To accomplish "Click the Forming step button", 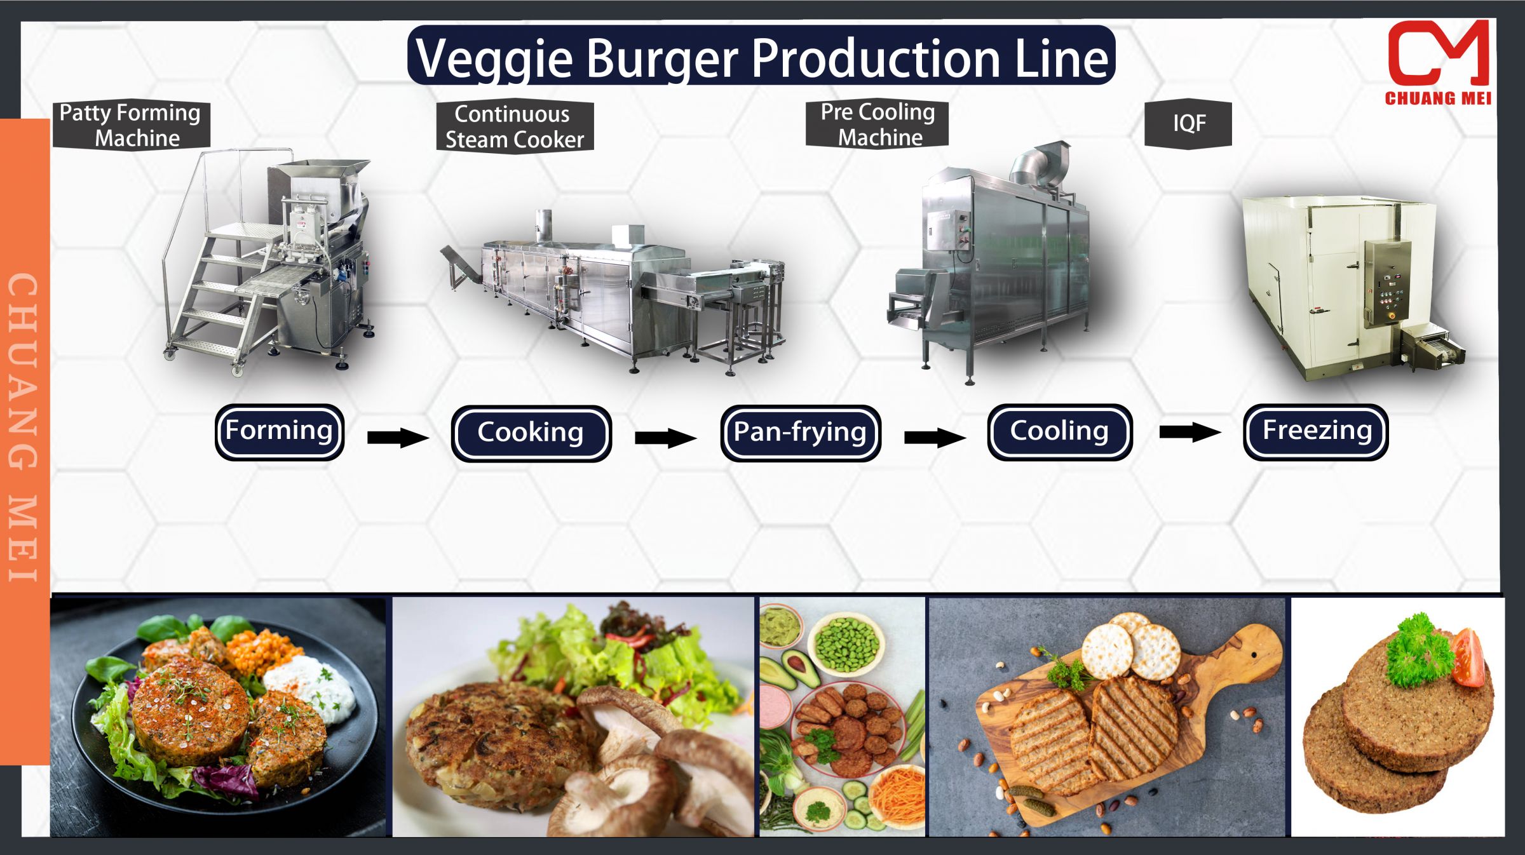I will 280,432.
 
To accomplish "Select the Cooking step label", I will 531,433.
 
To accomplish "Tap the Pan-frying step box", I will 800,433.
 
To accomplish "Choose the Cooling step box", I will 1059,432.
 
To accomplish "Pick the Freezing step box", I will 1315,432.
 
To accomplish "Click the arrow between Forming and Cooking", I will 398,437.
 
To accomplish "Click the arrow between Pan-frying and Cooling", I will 934,437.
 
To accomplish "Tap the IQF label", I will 1188,123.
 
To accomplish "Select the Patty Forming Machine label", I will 131,125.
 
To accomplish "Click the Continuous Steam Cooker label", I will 515,126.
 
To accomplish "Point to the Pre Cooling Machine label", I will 877,125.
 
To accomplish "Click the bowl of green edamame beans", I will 847,643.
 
